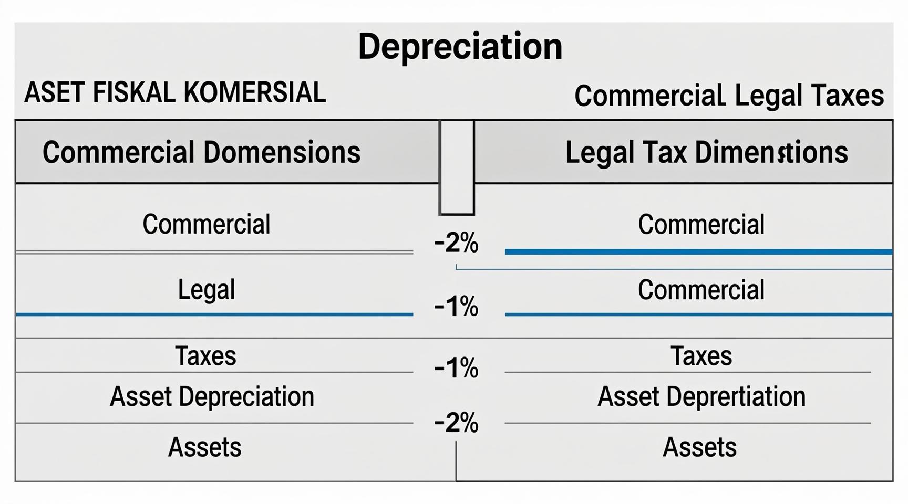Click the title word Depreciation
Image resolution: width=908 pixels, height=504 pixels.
pos(460,47)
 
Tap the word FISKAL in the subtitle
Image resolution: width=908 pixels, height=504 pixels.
pos(133,93)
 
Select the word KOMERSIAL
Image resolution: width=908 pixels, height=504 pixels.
pos(255,93)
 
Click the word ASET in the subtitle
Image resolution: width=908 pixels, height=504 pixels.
pos(55,93)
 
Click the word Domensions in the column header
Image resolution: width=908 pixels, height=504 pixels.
pos(282,152)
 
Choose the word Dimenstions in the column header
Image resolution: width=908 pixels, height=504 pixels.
pos(771,152)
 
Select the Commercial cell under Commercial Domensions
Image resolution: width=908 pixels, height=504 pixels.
pos(207,224)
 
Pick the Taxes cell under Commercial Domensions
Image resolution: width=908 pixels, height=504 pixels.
pos(205,356)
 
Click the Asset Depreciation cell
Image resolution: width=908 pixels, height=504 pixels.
pos(212,396)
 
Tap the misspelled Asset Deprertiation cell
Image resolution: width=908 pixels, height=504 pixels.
pos(701,396)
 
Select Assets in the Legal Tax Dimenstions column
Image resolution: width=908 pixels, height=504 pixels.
pos(699,447)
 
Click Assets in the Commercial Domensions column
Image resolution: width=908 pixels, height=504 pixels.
pos(205,447)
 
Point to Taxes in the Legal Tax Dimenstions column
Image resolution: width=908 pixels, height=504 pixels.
pos(701,356)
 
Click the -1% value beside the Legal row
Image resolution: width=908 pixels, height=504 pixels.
pos(456,307)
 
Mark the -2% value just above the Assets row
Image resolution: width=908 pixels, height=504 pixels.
pos(456,423)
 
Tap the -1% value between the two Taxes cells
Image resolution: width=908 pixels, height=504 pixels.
pos(456,368)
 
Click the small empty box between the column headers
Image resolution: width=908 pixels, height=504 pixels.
pos(457,167)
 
